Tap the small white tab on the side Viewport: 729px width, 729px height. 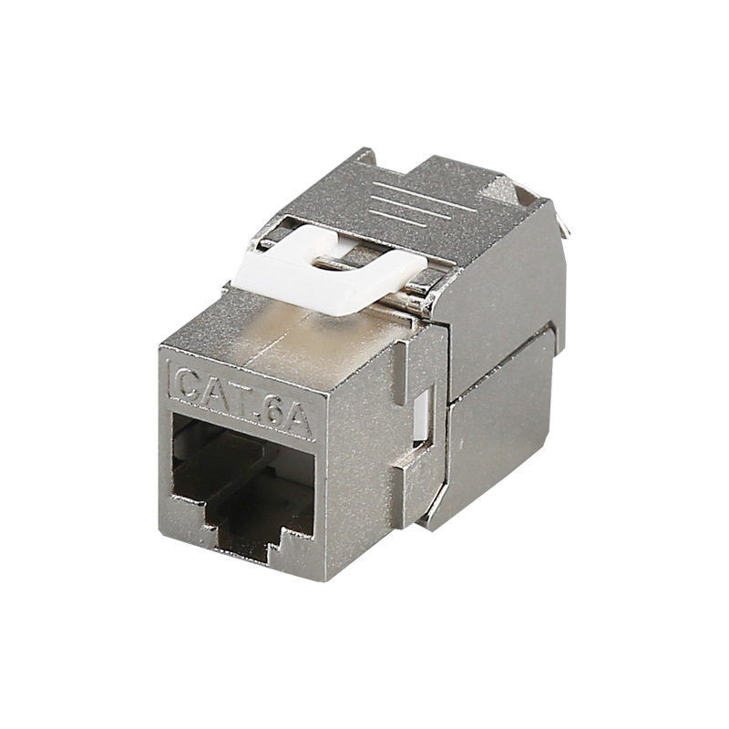tap(421, 416)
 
